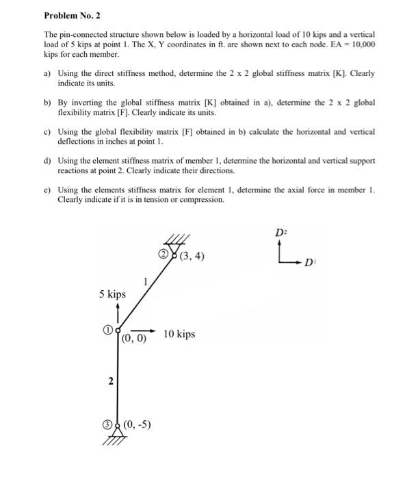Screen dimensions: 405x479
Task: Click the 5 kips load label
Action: tap(112, 294)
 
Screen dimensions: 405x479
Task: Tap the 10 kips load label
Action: tap(179, 334)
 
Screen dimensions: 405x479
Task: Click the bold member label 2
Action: tap(110, 380)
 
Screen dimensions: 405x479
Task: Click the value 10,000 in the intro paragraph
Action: tap(358, 43)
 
